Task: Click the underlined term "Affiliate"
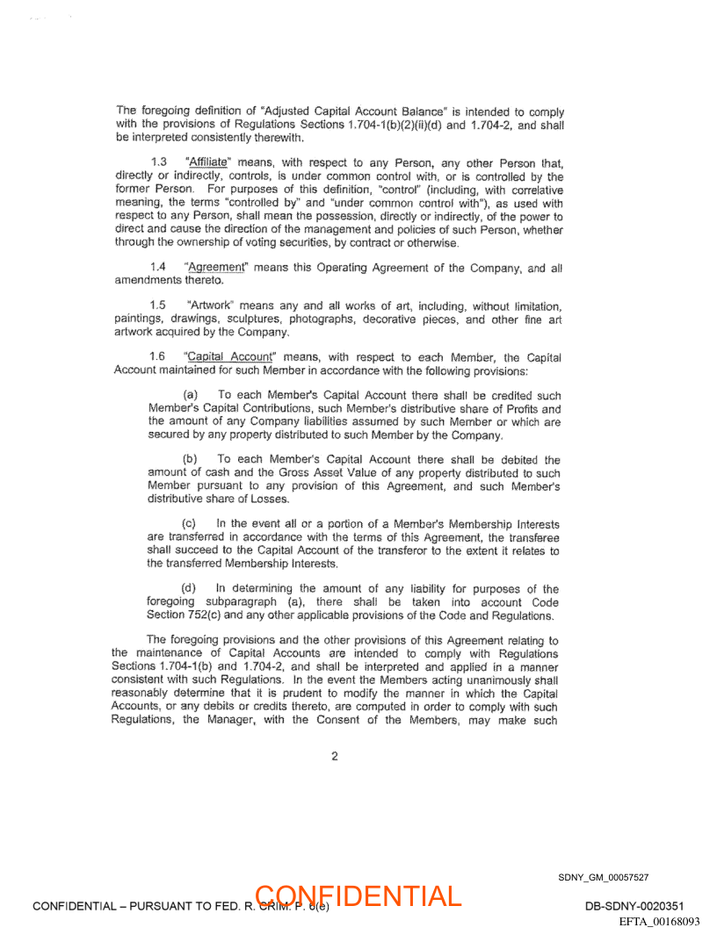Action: pos(208,162)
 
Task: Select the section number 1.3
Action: pos(159,162)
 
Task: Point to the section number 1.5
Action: pos(159,306)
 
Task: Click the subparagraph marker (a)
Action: pos(191,396)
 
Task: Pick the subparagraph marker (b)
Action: pos(191,460)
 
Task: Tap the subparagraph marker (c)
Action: pos(190,524)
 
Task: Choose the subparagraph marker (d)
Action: pos(190,589)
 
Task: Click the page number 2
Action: pos(335,756)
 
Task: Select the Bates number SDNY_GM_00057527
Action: pos(603,877)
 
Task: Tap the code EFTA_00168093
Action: pos(659,922)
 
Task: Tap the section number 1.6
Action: pos(159,356)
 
